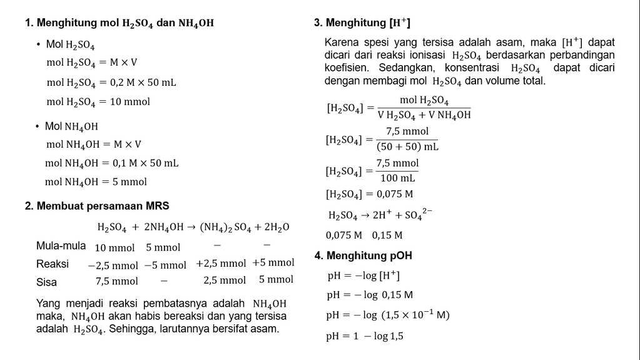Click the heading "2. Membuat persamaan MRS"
[97, 205]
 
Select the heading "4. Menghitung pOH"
[363, 255]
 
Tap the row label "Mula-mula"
[61, 245]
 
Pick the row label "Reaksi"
[53, 264]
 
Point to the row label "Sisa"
[46, 282]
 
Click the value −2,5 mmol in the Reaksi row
[113, 265]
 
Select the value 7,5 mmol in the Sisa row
[116, 281]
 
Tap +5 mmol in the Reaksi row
[273, 263]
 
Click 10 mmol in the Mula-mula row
[114, 247]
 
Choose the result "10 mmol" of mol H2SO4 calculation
[130, 101]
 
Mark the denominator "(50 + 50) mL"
[407, 147]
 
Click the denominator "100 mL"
[398, 178]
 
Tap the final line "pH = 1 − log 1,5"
[365, 336]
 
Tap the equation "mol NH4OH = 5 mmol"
[96, 182]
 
